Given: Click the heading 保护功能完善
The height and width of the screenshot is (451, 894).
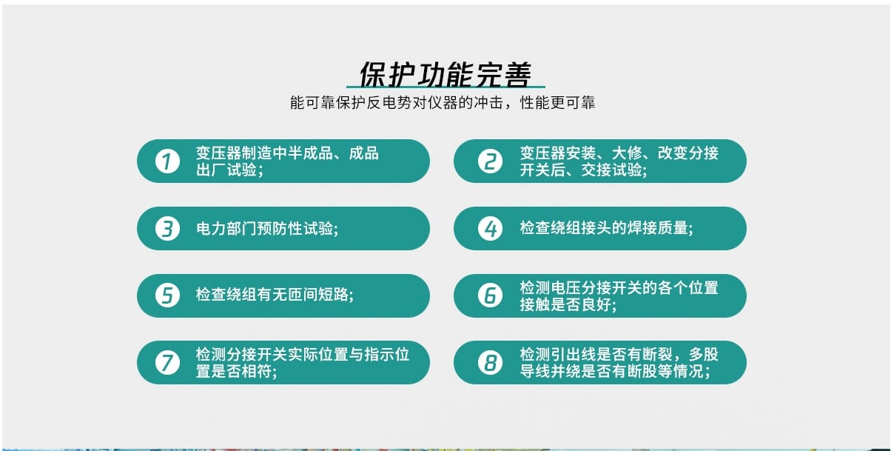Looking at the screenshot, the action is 446,74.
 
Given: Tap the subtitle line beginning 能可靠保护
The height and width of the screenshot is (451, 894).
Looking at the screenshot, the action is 443,103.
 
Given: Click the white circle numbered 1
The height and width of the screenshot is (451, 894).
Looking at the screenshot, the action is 167,161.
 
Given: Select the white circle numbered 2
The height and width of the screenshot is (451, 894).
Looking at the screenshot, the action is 490,161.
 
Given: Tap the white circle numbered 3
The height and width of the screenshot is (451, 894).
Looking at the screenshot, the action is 167,229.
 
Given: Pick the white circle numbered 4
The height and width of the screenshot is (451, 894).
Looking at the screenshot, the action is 490,229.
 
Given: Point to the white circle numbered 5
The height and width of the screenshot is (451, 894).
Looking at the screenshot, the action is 167,295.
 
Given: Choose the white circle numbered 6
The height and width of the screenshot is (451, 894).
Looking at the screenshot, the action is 490,295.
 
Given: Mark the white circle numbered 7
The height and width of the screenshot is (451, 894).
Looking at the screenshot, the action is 167,363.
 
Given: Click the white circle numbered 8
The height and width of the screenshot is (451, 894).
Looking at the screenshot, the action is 490,363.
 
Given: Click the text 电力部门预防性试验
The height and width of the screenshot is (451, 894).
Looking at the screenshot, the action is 264,229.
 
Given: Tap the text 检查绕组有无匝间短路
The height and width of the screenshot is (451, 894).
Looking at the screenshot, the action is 272,295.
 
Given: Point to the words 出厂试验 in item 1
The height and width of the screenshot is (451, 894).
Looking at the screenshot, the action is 226,170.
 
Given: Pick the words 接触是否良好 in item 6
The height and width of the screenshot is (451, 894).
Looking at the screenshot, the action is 565,305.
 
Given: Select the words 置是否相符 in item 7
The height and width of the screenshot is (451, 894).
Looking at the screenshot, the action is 234,372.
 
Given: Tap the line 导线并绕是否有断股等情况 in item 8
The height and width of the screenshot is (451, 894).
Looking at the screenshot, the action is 612,372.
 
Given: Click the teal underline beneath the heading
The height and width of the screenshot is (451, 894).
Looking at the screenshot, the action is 446,87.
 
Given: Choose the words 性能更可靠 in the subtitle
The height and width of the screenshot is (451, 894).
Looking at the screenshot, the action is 557,103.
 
